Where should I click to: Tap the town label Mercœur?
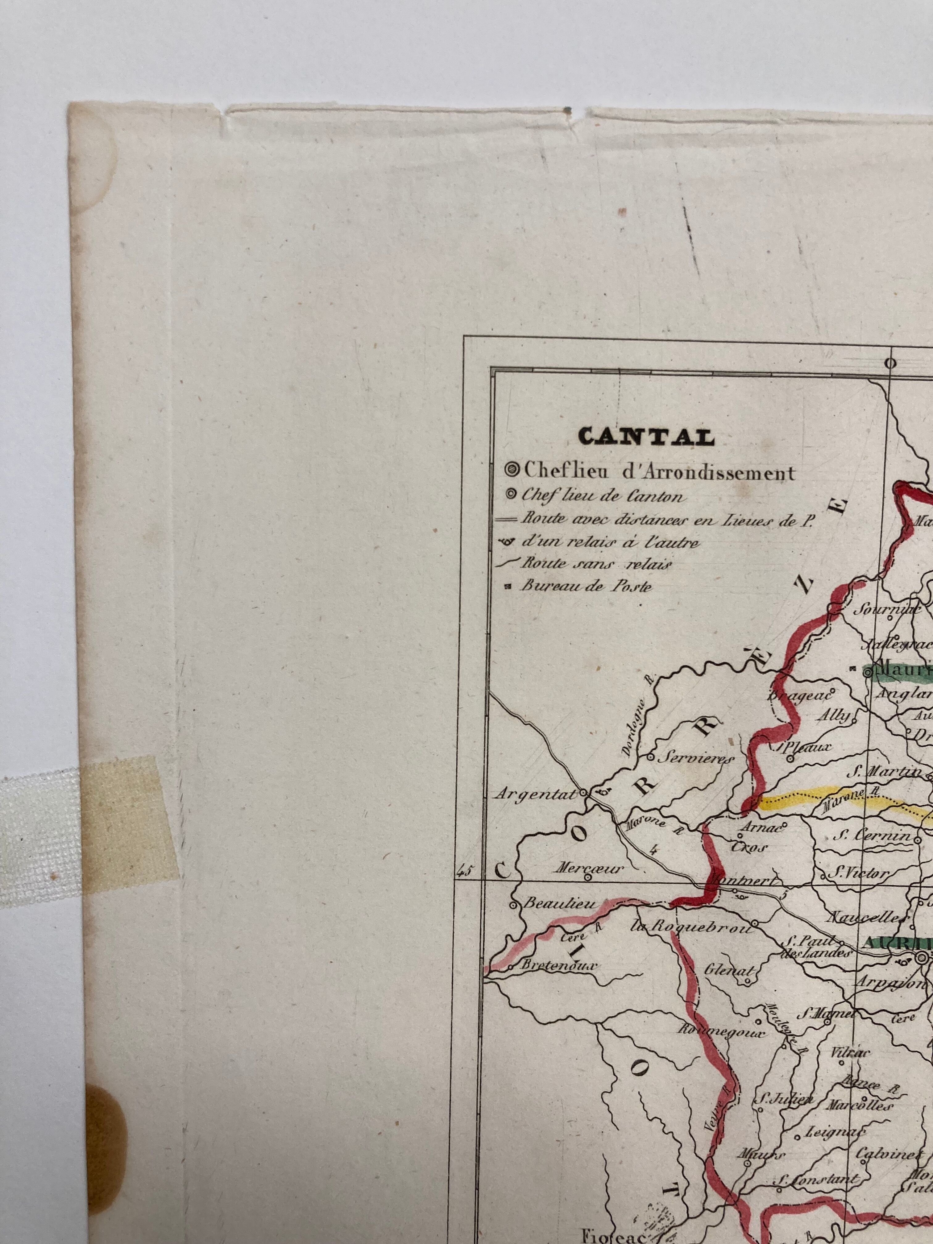589,868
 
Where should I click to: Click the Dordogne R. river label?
636,722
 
